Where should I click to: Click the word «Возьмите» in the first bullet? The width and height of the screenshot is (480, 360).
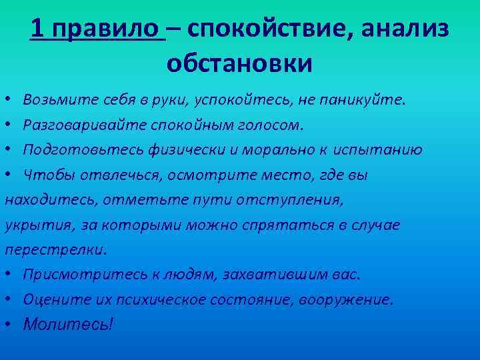53,100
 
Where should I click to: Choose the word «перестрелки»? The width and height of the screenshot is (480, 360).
55,250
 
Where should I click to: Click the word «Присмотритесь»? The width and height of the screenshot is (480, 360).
79,275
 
